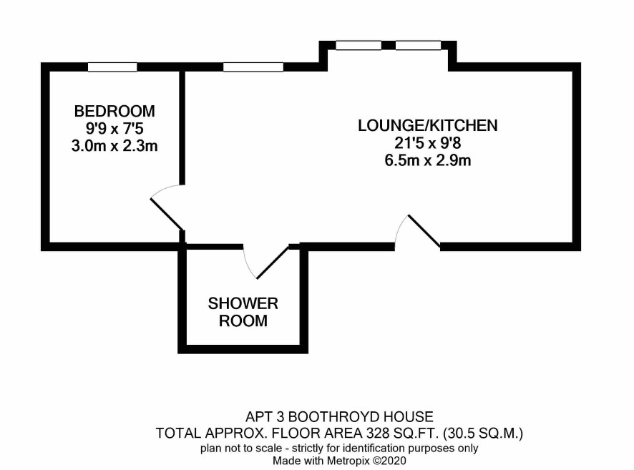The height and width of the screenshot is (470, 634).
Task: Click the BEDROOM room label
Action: pyautogui.click(x=114, y=111)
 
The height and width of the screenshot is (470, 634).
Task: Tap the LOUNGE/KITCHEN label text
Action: pyautogui.click(x=428, y=125)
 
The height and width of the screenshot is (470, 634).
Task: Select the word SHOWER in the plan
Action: pyautogui.click(x=243, y=303)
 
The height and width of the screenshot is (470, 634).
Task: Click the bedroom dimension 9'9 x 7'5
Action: pyautogui.click(x=114, y=129)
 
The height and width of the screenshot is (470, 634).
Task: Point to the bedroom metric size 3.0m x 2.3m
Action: pyautogui.click(x=114, y=146)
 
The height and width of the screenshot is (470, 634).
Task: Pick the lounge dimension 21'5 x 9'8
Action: pyautogui.click(x=428, y=143)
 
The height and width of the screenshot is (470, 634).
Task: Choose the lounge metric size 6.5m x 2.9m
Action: pyautogui.click(x=428, y=161)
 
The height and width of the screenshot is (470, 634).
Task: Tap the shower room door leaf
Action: pyautogui.click(x=273, y=262)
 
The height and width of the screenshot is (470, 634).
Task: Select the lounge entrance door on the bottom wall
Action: pyautogui.click(x=424, y=231)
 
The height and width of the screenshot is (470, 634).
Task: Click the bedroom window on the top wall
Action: pyautogui.click(x=112, y=67)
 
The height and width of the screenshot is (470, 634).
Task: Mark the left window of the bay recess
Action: pyautogui.click(x=359, y=45)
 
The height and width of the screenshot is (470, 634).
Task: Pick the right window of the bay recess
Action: pyautogui.click(x=418, y=45)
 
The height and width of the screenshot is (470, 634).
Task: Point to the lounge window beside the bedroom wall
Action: pyautogui.click(x=253, y=67)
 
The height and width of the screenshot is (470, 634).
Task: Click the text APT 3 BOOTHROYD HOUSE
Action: pyautogui.click(x=340, y=416)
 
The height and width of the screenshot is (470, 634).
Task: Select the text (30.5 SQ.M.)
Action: pyautogui.click(x=483, y=434)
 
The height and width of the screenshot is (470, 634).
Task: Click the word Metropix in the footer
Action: pyautogui.click(x=348, y=461)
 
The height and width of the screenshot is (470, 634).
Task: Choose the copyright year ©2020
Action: pyautogui.click(x=389, y=461)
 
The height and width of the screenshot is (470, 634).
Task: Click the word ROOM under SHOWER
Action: pyautogui.click(x=243, y=321)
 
